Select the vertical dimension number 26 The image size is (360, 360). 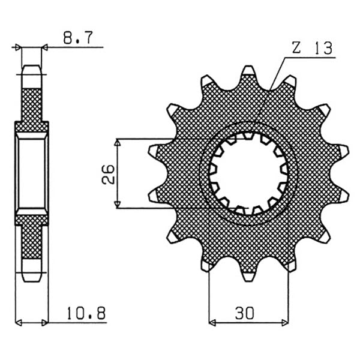click(x=107, y=174)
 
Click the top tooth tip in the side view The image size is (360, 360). click(x=32, y=68)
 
